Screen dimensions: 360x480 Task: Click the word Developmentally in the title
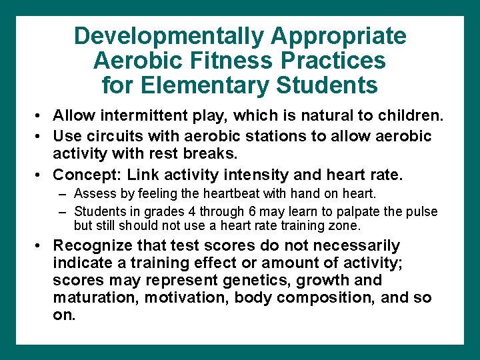169,36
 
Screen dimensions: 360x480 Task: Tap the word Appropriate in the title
339,36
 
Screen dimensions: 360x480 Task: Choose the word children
413,115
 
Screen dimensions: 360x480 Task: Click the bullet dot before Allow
41,116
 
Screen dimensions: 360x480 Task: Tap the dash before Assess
62,194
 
